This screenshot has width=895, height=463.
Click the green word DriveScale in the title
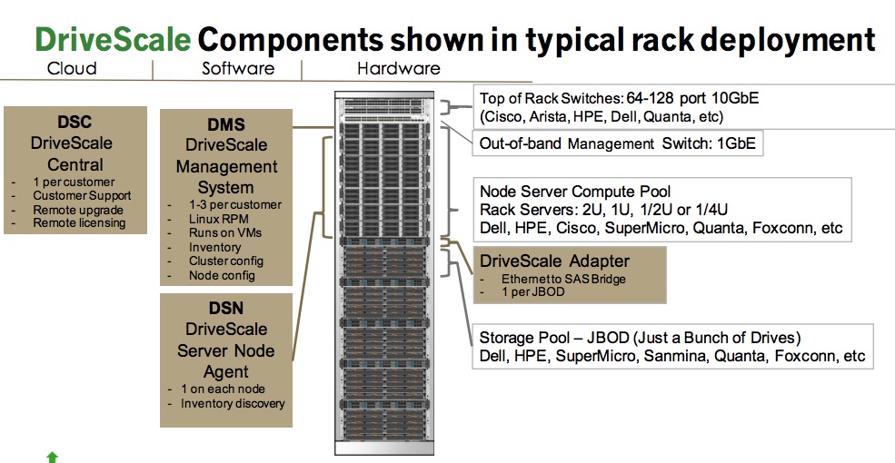click(113, 39)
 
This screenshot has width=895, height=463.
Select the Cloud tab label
click(72, 69)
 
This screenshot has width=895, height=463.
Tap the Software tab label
click(238, 69)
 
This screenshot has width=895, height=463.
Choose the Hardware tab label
click(398, 69)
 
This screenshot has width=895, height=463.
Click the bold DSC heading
click(75, 122)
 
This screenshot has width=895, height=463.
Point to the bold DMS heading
click(226, 124)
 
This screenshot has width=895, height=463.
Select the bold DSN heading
click(226, 308)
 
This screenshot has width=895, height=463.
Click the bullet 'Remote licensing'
click(79, 223)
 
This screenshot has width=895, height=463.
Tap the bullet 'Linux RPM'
click(219, 219)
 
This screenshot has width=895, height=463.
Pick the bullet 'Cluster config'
click(226, 261)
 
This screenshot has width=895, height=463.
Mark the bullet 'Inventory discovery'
click(233, 404)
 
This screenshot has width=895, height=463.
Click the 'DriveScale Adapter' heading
click(554, 261)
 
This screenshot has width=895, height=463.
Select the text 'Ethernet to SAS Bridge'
click(563, 280)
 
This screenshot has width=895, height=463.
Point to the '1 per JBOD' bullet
click(533, 292)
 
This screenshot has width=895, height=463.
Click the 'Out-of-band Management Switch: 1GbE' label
click(618, 143)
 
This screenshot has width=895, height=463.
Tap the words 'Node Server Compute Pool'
click(575, 192)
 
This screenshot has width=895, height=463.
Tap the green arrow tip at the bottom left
click(52, 454)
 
